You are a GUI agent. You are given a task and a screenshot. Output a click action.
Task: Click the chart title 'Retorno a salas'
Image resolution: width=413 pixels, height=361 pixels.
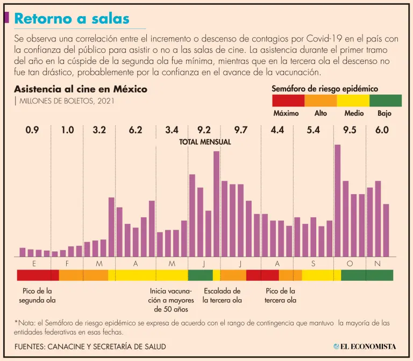pos(72,19)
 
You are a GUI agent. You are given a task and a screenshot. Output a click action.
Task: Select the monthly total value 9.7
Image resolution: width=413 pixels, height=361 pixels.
pos(241,130)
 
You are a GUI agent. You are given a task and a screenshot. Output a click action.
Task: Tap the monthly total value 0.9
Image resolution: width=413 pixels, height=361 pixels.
pos(32,130)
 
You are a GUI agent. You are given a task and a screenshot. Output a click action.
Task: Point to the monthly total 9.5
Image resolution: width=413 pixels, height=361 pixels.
pos(350,130)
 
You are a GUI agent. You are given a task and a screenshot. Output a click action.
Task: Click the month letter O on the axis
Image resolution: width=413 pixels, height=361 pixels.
pos(350,263)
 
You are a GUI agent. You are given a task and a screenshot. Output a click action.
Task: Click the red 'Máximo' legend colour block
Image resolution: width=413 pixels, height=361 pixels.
pos(288,100)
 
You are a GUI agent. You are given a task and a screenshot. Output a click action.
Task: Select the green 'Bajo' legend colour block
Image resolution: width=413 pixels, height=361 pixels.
pos(386,100)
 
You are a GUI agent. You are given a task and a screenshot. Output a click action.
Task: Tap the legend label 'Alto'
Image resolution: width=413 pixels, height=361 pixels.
pos(321,114)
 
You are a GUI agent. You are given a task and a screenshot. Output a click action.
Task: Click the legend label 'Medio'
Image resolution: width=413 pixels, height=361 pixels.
pos(354,114)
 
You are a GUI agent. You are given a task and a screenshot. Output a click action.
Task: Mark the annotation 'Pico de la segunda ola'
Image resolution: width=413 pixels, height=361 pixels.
pos(37,296)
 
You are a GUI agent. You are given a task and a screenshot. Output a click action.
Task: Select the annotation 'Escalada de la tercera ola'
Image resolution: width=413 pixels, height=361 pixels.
pos(222,296)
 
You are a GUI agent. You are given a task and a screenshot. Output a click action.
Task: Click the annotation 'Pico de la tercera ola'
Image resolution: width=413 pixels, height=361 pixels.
pos(280,296)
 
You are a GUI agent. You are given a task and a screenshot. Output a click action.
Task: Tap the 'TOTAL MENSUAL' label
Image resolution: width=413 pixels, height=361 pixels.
pos(205,142)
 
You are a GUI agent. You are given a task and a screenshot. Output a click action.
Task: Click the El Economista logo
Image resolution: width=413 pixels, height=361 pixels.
pos(364,346)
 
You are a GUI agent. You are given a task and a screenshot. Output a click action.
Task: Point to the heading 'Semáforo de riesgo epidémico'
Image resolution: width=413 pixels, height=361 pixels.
pos(325,88)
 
